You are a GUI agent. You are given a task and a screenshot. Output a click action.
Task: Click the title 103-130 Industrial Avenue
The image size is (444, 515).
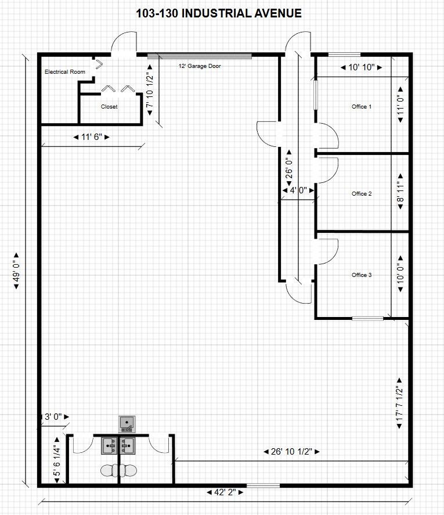[x=219, y=13]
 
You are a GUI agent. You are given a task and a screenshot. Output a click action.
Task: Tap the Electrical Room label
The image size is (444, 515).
[x=64, y=71]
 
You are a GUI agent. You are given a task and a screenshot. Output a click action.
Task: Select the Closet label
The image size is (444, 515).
[x=109, y=106]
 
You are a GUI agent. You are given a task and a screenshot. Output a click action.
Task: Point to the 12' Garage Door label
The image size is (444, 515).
[x=200, y=66]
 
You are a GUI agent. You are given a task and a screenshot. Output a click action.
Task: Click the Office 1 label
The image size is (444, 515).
[x=362, y=106]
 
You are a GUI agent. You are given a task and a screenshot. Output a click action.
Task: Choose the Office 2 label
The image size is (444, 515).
[x=362, y=193]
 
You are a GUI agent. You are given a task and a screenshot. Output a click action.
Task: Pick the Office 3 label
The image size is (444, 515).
[x=362, y=275]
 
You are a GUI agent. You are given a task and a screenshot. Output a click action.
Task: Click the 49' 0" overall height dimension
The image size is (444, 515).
[x=16, y=271]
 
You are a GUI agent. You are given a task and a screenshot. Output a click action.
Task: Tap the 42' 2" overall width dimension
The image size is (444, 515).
[x=225, y=492]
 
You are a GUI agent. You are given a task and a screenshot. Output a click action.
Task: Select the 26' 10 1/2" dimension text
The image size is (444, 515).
[x=291, y=452]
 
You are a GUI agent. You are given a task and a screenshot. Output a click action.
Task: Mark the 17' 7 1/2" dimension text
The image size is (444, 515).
[x=399, y=404]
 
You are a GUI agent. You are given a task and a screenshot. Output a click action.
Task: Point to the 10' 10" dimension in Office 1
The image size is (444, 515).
[x=361, y=67]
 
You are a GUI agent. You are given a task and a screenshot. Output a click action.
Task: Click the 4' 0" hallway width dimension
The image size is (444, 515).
[x=298, y=190]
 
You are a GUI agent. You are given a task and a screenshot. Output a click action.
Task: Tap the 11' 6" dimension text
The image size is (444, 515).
[x=92, y=137]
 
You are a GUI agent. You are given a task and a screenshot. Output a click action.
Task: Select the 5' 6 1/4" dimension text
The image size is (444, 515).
[x=57, y=460]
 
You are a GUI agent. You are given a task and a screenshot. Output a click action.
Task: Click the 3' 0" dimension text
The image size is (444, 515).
[x=55, y=417]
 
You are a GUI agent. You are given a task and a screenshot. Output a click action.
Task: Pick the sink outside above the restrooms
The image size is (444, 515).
[x=127, y=424]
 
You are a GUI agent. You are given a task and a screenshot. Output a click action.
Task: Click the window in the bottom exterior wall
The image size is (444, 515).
[x=263, y=485]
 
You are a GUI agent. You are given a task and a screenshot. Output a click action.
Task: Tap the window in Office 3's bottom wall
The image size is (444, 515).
[x=368, y=318]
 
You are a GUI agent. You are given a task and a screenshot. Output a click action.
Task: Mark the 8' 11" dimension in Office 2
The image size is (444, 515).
[x=400, y=192]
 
